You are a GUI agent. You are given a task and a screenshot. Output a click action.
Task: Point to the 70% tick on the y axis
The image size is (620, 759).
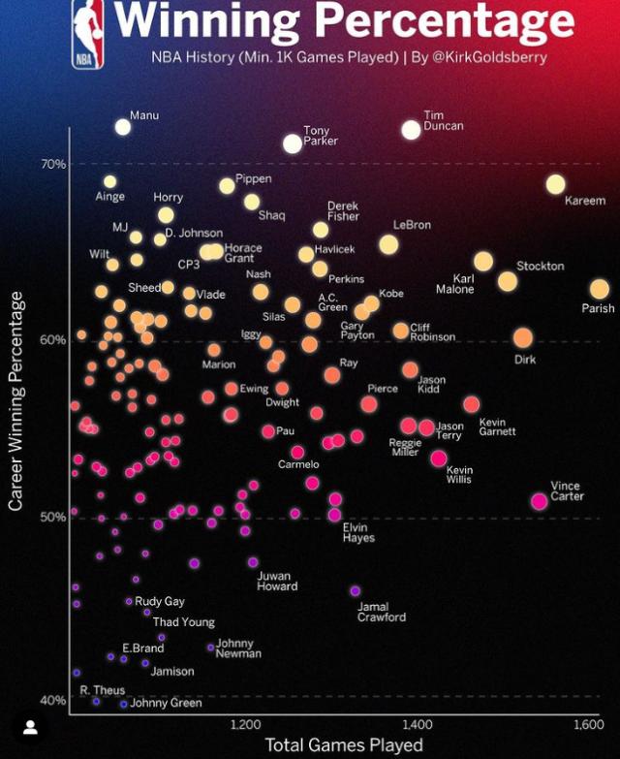pyautogui.click(x=53, y=164)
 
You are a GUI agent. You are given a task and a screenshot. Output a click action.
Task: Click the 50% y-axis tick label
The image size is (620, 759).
pyautogui.click(x=53, y=517)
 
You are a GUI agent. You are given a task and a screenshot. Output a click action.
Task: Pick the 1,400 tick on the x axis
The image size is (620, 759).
pyautogui.click(x=418, y=724)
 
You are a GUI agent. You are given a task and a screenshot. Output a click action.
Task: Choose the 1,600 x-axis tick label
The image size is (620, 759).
pyautogui.click(x=587, y=724)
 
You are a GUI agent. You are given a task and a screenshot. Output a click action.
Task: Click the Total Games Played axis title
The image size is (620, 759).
pyautogui.click(x=344, y=744)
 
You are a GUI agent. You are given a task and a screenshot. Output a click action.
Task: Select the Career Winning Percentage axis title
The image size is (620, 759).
pyautogui.click(x=15, y=401)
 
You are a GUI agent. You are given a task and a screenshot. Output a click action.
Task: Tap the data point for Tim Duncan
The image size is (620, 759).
pyautogui.click(x=411, y=129)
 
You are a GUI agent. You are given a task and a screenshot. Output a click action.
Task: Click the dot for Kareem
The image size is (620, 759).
pyautogui.click(x=555, y=184)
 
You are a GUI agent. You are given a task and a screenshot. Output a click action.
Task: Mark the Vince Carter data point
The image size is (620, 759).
pyautogui.click(x=540, y=501)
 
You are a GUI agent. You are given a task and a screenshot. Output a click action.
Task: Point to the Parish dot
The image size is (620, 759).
pyautogui.click(x=600, y=289)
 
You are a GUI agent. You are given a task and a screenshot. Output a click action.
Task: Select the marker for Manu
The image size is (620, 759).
pyautogui.click(x=123, y=126)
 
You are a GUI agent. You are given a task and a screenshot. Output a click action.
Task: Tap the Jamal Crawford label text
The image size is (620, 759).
pyautogui.click(x=382, y=612)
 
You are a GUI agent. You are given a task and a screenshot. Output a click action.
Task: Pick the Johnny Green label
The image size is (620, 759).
pyautogui.click(x=166, y=703)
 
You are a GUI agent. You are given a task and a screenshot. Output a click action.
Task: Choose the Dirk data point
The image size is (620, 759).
pyautogui.click(x=523, y=337)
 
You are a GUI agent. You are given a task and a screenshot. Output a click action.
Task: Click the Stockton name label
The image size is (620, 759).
pyautogui.click(x=541, y=266)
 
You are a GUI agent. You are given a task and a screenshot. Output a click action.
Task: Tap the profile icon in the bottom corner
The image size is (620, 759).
pyautogui.click(x=31, y=727)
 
